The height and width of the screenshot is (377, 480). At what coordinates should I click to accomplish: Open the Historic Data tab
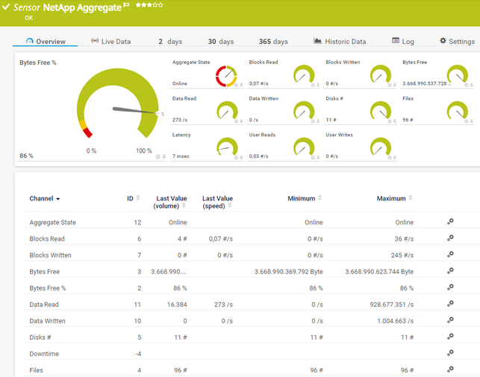(x=340, y=42)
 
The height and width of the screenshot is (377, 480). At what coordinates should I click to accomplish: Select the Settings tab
(x=457, y=42)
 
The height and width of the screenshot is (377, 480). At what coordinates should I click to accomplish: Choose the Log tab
(x=402, y=42)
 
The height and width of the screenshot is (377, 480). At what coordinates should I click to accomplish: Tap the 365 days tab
(x=273, y=42)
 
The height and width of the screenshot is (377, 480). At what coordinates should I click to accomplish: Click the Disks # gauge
(x=379, y=112)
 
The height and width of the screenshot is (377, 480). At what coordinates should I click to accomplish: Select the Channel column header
(x=45, y=199)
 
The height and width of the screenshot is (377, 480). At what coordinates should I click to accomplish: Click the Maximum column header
(x=391, y=199)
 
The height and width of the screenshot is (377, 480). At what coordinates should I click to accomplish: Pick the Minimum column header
(x=302, y=199)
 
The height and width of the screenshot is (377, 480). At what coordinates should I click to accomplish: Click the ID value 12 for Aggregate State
(x=137, y=223)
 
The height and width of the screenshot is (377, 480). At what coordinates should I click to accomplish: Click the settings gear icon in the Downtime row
(x=450, y=353)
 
